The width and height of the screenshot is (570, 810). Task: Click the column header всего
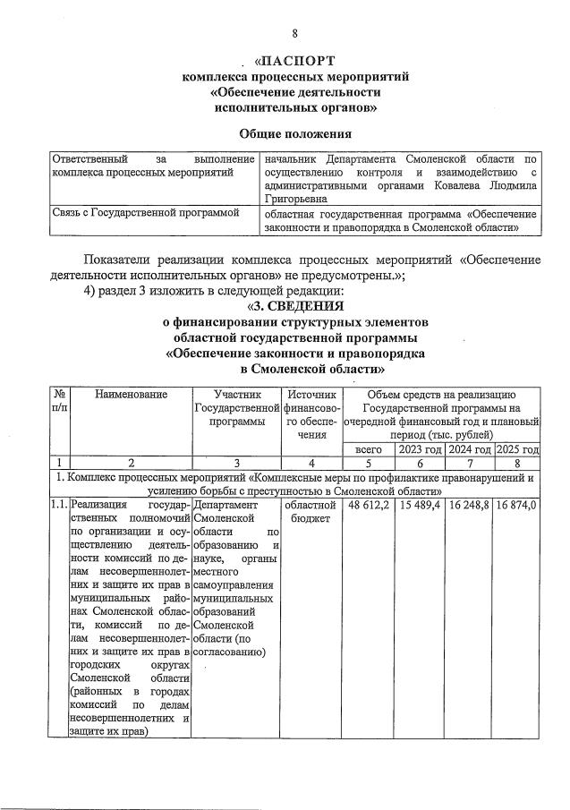(x=369, y=449)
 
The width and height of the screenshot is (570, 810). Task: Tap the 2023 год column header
(x=420, y=449)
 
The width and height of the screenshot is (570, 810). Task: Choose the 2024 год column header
(x=470, y=449)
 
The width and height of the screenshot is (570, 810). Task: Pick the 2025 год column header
(x=517, y=449)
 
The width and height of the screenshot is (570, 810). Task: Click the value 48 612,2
(x=369, y=506)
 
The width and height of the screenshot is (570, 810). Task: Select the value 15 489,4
(x=420, y=506)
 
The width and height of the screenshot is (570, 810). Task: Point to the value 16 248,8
(x=470, y=506)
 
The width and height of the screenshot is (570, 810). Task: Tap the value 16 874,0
(x=517, y=506)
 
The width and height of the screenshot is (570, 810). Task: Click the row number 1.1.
(x=59, y=506)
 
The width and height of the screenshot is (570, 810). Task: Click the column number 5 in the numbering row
(x=369, y=464)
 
